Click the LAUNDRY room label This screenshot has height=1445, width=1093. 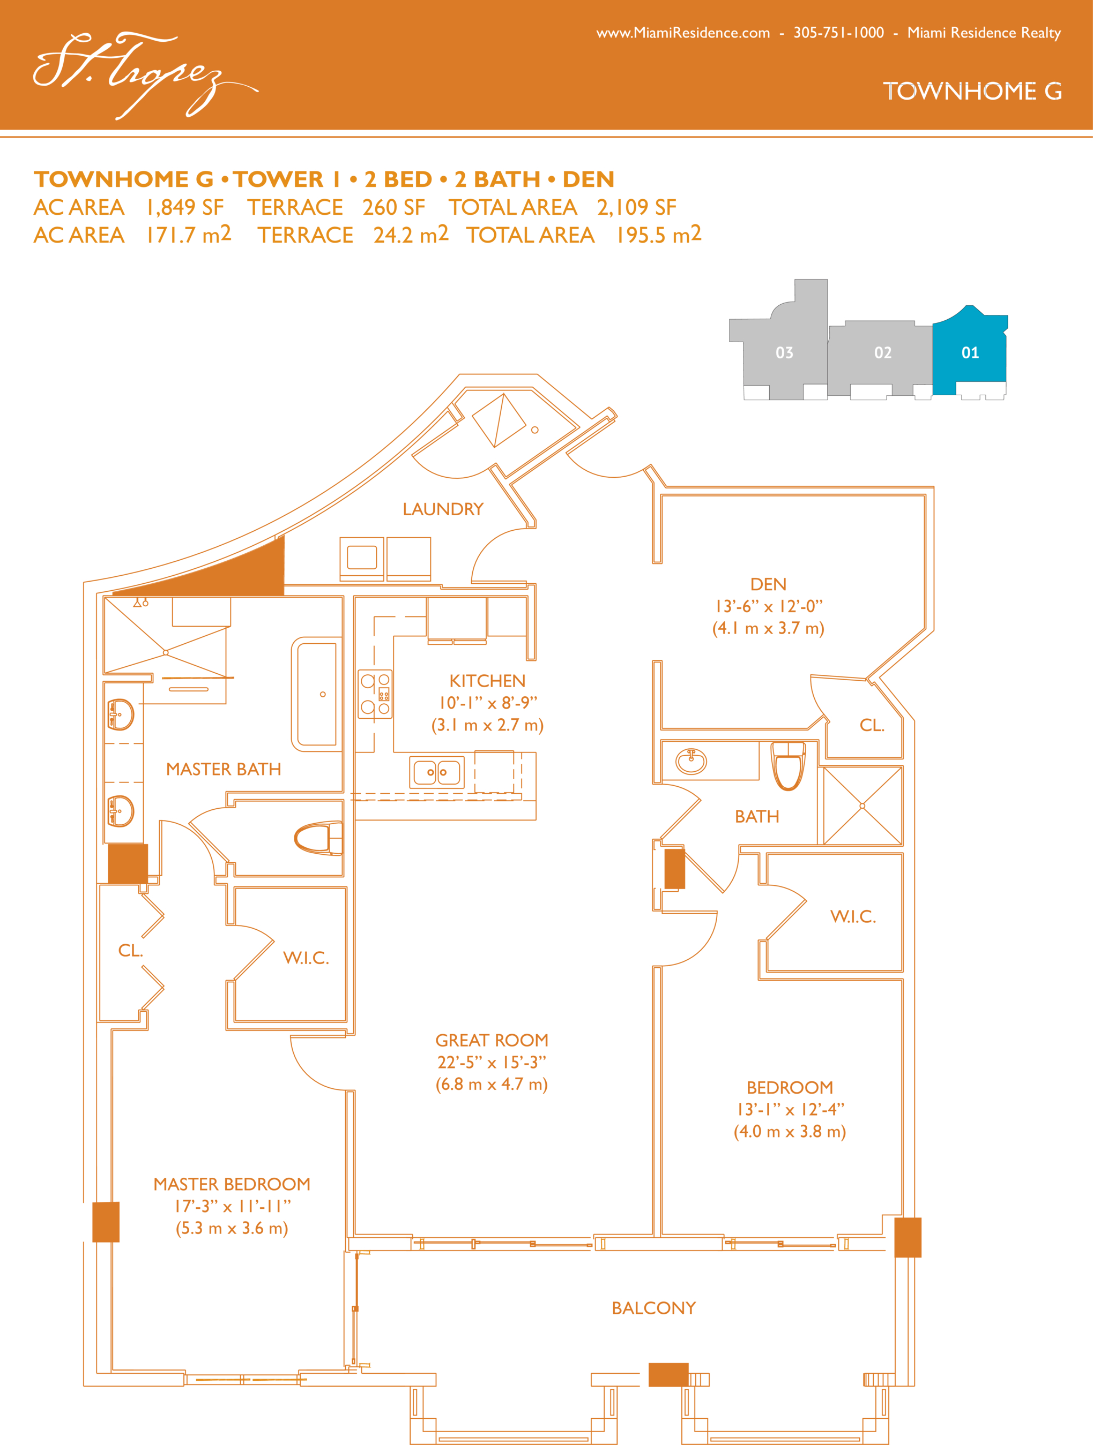click(x=443, y=509)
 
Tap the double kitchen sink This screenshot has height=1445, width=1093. click(x=437, y=771)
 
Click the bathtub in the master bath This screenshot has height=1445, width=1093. click(x=317, y=695)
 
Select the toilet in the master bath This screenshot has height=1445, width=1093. click(x=318, y=838)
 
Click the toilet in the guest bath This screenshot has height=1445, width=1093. click(x=789, y=766)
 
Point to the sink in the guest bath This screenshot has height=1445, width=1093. click(x=691, y=761)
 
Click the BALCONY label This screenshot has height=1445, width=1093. click(x=653, y=1308)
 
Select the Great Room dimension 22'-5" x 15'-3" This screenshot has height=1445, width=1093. click(x=492, y=1062)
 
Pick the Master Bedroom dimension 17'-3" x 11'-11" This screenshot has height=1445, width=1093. click(x=232, y=1206)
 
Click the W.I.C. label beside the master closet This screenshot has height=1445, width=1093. click(x=306, y=958)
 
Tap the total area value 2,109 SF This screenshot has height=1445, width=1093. click(x=636, y=208)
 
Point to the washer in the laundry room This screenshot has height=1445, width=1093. click(x=361, y=559)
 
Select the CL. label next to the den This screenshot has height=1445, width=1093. click(x=872, y=725)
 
